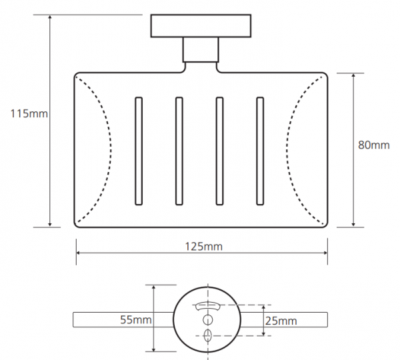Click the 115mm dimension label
pos(29,113)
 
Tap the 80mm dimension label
pos(374,145)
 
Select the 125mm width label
pos(203,247)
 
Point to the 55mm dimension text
pos(136,319)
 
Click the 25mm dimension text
pos(281,321)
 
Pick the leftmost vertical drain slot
pos(139,151)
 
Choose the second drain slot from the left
pos(179,151)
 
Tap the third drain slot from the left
pos(219,151)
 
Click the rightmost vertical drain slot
pos(260,151)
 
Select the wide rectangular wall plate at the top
pos(201,26)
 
